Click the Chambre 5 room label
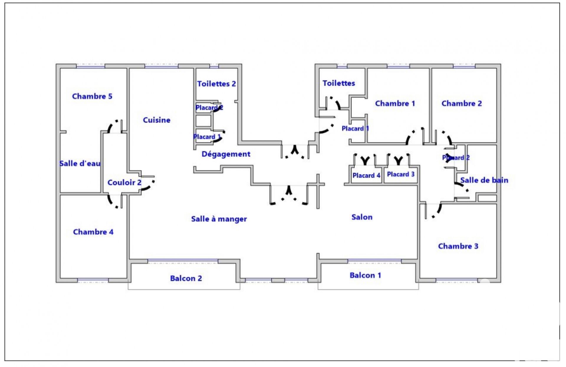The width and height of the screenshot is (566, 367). [92, 96]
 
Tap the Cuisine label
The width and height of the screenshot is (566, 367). [157, 120]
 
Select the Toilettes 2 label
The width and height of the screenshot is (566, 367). [216, 84]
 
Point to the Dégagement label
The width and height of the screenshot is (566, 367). [226, 154]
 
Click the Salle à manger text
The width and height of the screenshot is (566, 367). [219, 219]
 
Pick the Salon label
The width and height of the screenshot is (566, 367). [362, 217]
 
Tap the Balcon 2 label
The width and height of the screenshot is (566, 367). [186, 278]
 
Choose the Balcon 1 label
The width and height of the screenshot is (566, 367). [365, 275]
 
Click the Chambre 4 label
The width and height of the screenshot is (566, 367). [93, 232]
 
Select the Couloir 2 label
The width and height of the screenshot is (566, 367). [124, 183]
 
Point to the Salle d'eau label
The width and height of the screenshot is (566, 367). [80, 163]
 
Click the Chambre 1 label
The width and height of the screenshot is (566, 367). [395, 103]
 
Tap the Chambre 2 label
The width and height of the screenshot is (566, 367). [461, 103]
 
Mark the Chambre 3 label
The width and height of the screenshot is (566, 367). [458, 246]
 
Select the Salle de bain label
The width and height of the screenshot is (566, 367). [484, 180]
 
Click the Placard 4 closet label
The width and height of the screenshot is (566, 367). [366, 176]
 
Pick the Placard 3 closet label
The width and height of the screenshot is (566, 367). [401, 174]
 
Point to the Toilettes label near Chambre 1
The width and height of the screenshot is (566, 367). [338, 83]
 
